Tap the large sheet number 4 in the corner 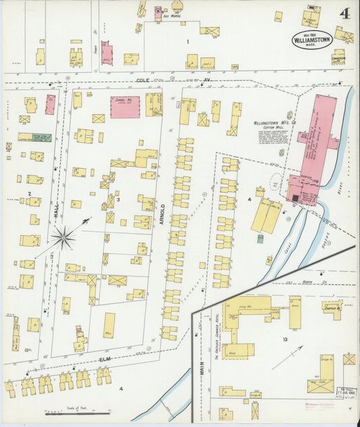pos(345,14)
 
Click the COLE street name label pos(143,80)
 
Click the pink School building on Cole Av pos(125,107)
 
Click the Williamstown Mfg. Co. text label pos(272,124)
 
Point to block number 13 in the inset pos(285,339)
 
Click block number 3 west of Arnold pos(118,199)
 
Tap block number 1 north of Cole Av pos(188,42)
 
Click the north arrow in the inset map pos(286,357)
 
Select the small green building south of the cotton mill pos(260,238)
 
